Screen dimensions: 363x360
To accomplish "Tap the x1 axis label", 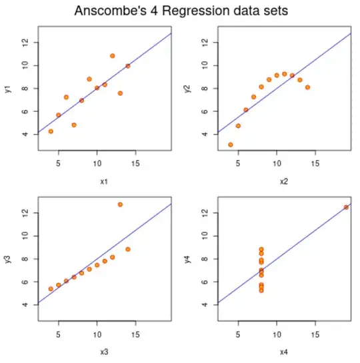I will (97, 182).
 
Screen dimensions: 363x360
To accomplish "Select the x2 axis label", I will (277, 182).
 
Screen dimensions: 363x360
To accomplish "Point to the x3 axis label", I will (97, 352).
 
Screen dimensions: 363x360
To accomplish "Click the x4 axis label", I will (277, 352).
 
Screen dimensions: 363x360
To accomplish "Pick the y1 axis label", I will (9, 88).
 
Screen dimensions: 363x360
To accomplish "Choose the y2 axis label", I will (189, 88).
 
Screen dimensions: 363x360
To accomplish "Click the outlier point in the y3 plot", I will (120, 204).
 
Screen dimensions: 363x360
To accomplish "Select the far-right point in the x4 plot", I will (346, 207).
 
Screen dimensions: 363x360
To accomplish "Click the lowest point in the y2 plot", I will (231, 145).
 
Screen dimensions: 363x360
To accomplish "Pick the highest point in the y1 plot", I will (112, 56).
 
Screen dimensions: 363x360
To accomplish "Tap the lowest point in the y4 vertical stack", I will (261, 290).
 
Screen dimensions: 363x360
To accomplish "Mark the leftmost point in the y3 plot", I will (51, 289).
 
